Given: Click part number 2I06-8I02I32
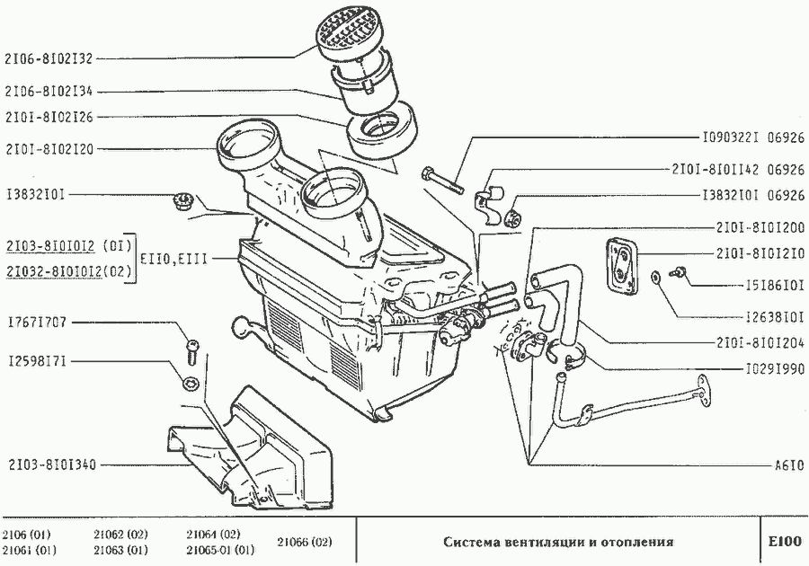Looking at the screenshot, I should (49, 58).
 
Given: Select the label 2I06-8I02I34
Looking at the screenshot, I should (49, 91).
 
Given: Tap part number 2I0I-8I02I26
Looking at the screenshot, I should (49, 117).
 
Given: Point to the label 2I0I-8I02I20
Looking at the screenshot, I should (49, 148).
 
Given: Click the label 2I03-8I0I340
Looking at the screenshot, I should (49, 465).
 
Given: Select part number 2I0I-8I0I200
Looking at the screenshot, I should (760, 227).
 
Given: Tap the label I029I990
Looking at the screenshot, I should (776, 368).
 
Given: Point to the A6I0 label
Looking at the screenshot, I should (788, 466).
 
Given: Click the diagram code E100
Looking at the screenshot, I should (784, 542).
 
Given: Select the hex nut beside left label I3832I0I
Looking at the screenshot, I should (180, 199).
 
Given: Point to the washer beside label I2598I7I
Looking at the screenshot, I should (191, 383).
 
